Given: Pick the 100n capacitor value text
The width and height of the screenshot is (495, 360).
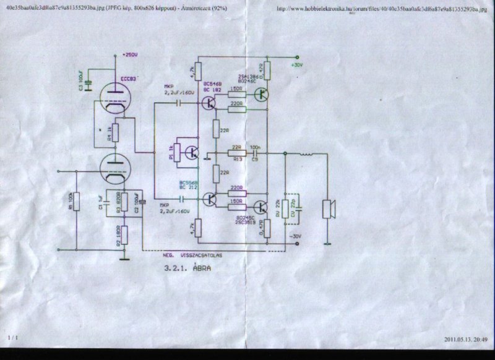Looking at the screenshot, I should tap(254, 147).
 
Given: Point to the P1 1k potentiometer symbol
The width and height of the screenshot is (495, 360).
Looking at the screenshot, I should tap(176, 152).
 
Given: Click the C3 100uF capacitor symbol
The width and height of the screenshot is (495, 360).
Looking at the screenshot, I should tap(88, 85).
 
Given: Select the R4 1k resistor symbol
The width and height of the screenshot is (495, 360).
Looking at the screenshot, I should tap(115, 132).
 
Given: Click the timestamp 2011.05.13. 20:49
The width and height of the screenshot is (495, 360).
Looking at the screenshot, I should tap(466, 339).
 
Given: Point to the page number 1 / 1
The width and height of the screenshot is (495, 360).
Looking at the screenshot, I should tap(12, 338).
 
